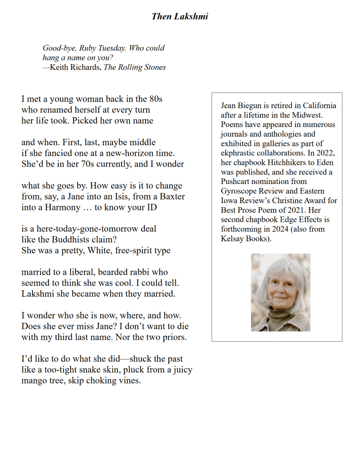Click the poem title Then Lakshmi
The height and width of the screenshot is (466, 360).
[180, 17]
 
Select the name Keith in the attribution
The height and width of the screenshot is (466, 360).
[61, 67]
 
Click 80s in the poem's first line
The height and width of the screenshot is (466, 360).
[156, 99]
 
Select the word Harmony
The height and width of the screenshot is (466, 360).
[59, 208]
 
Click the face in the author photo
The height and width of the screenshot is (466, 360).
[279, 292]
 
